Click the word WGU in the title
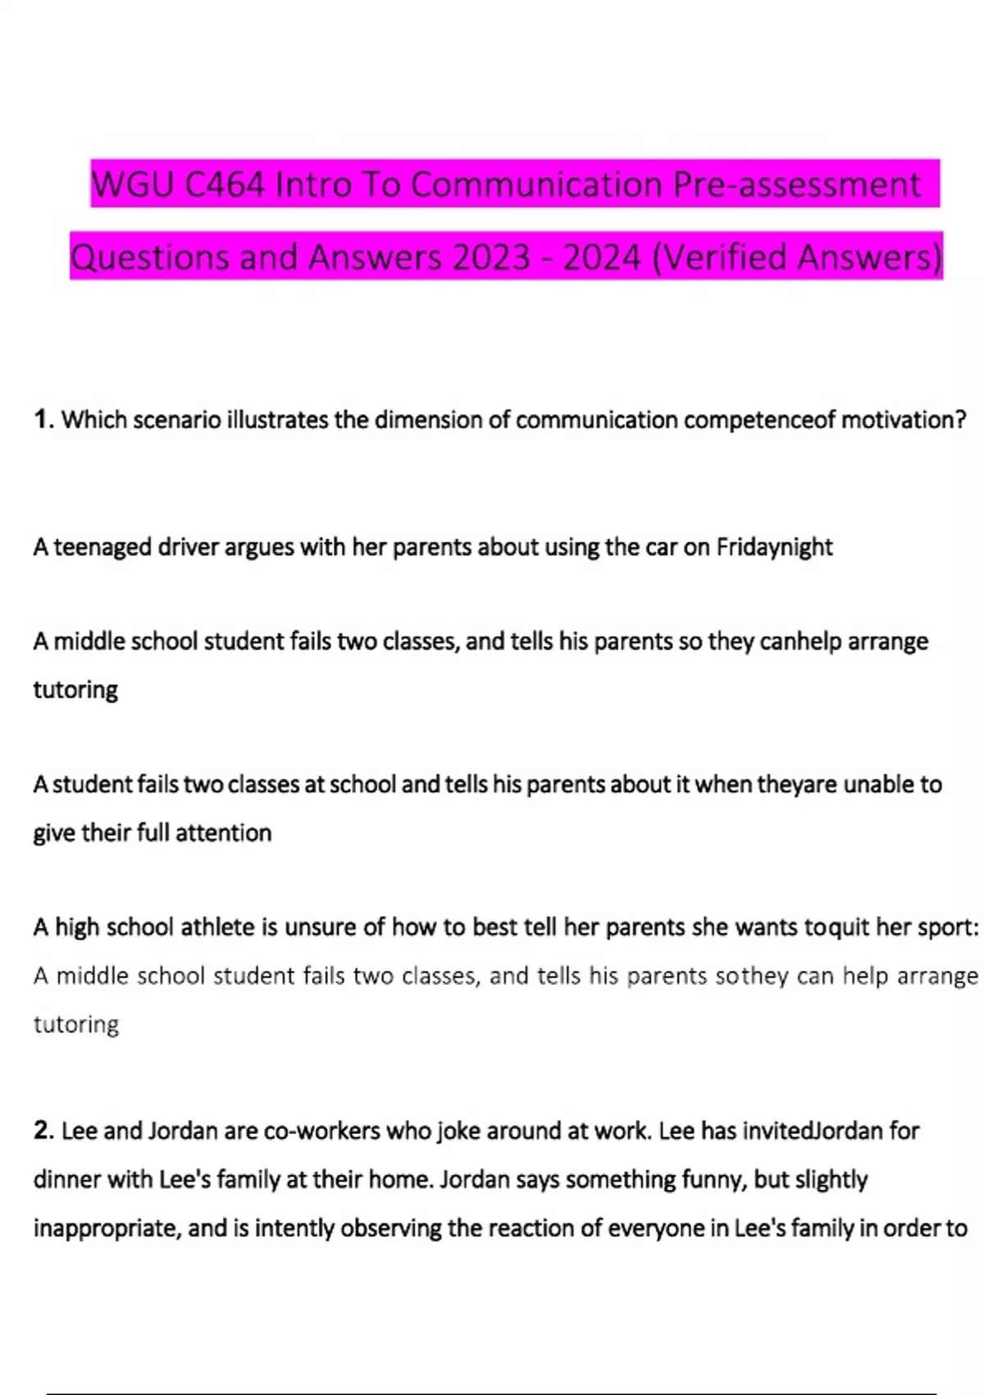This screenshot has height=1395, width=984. (x=133, y=185)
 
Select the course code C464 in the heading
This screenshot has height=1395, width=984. (x=225, y=185)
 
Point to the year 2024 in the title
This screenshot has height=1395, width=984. (x=602, y=258)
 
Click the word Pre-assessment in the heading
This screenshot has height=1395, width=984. (x=797, y=185)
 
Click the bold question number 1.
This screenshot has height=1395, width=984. (x=43, y=420)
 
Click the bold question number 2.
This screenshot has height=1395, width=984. (x=43, y=1131)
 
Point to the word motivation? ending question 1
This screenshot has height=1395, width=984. (x=904, y=420)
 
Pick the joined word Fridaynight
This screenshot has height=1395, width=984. (x=774, y=547)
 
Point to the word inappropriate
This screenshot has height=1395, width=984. (x=107, y=1228)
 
